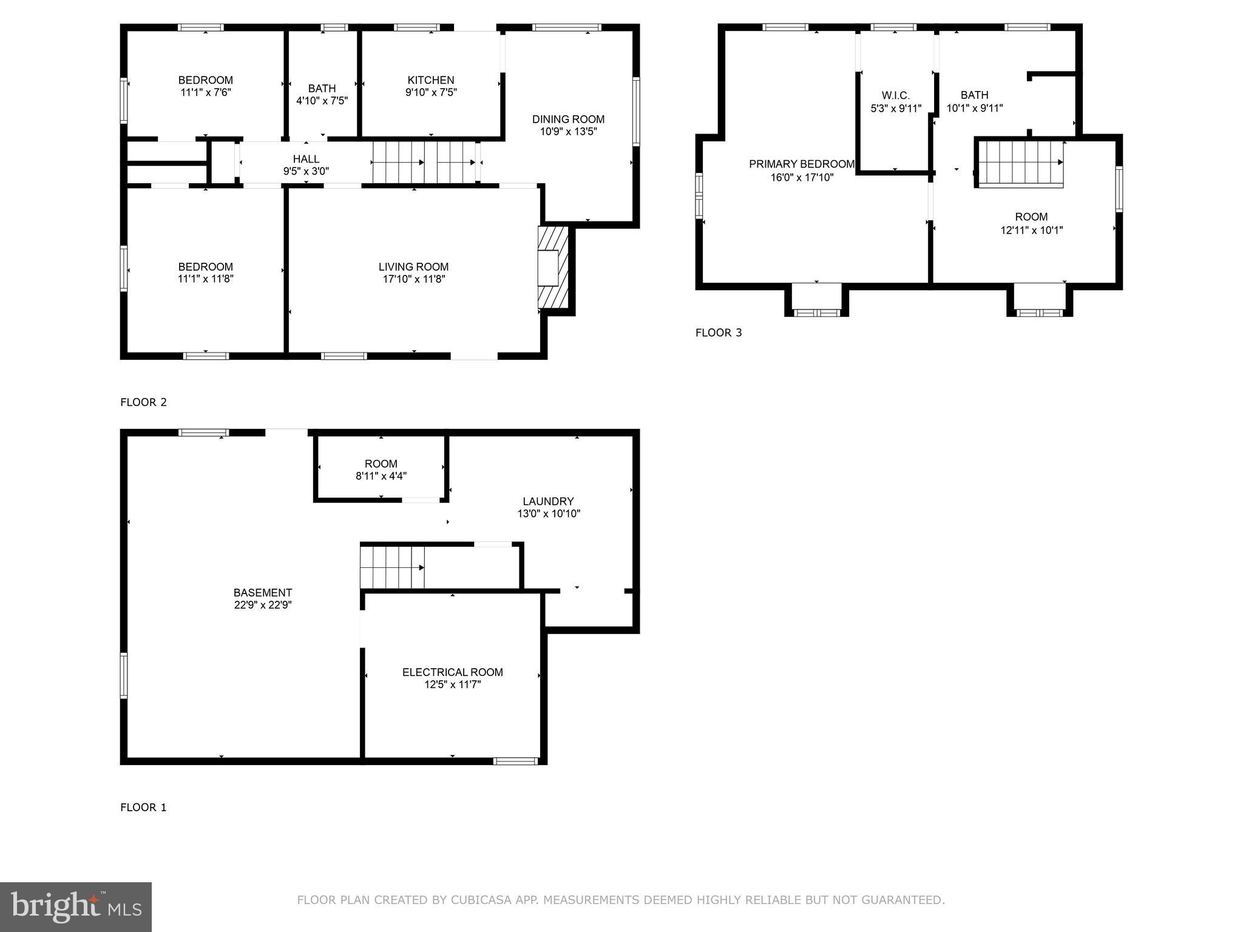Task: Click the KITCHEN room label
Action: pyautogui.click(x=430, y=80)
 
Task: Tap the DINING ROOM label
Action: pyautogui.click(x=568, y=119)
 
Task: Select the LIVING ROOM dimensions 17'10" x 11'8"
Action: pyautogui.click(x=413, y=279)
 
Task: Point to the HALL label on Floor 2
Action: pyautogui.click(x=306, y=159)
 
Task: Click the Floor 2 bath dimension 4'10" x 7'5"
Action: pyautogui.click(x=322, y=101)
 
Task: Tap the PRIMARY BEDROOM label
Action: pyautogui.click(x=801, y=164)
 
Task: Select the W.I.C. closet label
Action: pyautogui.click(x=895, y=95)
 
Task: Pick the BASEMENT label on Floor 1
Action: pyautogui.click(x=263, y=592)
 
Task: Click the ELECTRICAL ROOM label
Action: pyautogui.click(x=452, y=672)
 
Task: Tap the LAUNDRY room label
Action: pyautogui.click(x=548, y=501)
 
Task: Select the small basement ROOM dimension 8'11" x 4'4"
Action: pyautogui.click(x=381, y=476)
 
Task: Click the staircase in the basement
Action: pyautogui.click(x=391, y=567)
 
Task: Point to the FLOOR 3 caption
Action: pyautogui.click(x=719, y=333)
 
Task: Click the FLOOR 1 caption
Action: pyautogui.click(x=143, y=807)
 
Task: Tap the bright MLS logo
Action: pyautogui.click(x=76, y=907)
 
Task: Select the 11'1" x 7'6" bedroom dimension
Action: pyautogui.click(x=205, y=92)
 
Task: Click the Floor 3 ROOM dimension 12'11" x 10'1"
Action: pyautogui.click(x=1031, y=230)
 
